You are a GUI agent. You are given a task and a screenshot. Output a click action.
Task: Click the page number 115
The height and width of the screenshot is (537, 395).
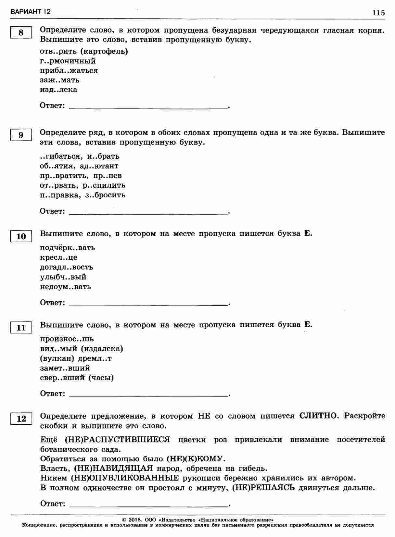[378, 13]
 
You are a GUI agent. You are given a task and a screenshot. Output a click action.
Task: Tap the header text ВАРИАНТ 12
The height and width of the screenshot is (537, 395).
[31, 12]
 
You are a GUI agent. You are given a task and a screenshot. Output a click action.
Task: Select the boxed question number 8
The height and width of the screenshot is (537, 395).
[21, 33]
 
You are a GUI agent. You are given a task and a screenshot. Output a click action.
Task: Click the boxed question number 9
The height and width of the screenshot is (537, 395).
[21, 135]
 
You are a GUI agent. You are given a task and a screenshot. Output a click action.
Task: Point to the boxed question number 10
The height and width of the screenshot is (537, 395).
[21, 236]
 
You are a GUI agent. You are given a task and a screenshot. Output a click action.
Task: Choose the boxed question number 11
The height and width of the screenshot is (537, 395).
[21, 328]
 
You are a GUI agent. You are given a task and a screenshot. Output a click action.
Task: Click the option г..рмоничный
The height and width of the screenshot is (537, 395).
[68, 61]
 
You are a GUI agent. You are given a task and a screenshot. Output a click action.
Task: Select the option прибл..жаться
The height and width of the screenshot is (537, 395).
[69, 70]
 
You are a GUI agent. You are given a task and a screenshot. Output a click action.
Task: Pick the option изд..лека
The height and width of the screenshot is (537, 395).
[58, 90]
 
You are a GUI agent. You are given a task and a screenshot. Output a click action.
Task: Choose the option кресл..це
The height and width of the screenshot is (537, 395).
[59, 258]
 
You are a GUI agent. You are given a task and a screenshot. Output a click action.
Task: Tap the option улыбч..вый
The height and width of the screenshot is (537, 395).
[63, 277]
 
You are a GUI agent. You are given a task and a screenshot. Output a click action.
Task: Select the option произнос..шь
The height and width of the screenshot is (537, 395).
[67, 339]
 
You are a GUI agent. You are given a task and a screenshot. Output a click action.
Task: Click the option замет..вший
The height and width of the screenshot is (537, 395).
[65, 368]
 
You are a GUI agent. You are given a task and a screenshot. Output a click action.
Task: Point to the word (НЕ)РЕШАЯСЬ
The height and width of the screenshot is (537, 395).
[263, 488]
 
